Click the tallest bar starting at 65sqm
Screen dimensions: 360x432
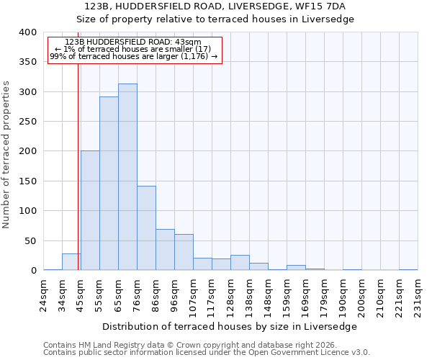(x=127, y=177)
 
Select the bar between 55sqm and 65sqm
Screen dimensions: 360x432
(x=109, y=184)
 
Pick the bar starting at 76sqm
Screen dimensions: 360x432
(x=146, y=228)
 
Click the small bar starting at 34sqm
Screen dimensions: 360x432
(x=71, y=262)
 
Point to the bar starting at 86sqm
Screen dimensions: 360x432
(x=165, y=250)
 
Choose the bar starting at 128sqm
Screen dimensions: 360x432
(x=240, y=263)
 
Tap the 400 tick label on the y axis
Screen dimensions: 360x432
(x=27, y=32)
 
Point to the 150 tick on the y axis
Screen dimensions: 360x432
(x=27, y=181)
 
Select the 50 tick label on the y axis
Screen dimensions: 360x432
(x=30, y=240)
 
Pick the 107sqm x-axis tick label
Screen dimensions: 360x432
(x=193, y=295)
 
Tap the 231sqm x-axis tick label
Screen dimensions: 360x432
(x=418, y=295)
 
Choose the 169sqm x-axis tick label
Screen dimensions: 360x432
(x=305, y=295)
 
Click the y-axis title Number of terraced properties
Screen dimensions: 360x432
(x=7, y=155)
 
